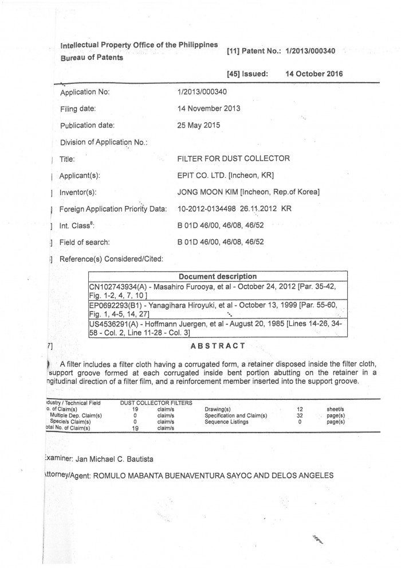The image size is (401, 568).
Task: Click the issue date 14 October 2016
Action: pyautogui.click(x=314, y=73)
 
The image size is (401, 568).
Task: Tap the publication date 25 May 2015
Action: pyautogui.click(x=199, y=125)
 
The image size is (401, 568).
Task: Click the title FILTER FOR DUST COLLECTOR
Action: pyautogui.click(x=234, y=158)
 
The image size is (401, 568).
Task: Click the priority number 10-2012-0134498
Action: pyautogui.click(x=206, y=208)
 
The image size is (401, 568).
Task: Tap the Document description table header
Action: pyautogui.click(x=218, y=277)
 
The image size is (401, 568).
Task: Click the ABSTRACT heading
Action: pyautogui.click(x=218, y=345)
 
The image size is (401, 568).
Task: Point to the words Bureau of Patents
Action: pyautogui.click(x=91, y=58)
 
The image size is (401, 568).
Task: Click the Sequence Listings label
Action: pyautogui.click(x=226, y=422)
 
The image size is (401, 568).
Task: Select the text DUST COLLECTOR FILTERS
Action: pyautogui.click(x=156, y=403)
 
